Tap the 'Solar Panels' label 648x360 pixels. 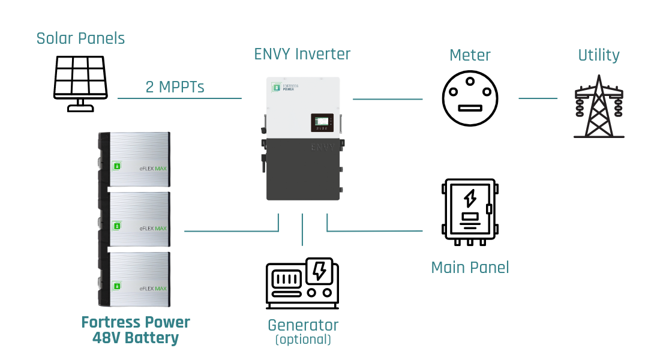tap(80, 38)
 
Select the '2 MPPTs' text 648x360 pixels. tap(175, 87)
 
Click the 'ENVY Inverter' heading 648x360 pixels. tap(302, 54)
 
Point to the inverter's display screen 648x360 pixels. tap(323, 122)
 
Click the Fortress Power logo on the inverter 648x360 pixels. tap(286, 88)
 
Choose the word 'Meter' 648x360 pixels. tap(470, 55)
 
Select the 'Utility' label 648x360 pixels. tap(598, 55)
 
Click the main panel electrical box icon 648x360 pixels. tap(469, 211)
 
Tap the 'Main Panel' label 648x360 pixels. tap(470, 268)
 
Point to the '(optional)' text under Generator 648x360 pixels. tap(302, 340)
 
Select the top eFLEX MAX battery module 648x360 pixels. tap(134, 160)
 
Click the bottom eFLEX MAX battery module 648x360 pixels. tap(134, 280)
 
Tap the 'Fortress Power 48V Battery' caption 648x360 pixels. tap(136, 330)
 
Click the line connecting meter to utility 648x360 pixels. tap(538, 98)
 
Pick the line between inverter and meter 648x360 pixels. tap(388, 98)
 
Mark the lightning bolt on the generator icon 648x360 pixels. tap(320, 271)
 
